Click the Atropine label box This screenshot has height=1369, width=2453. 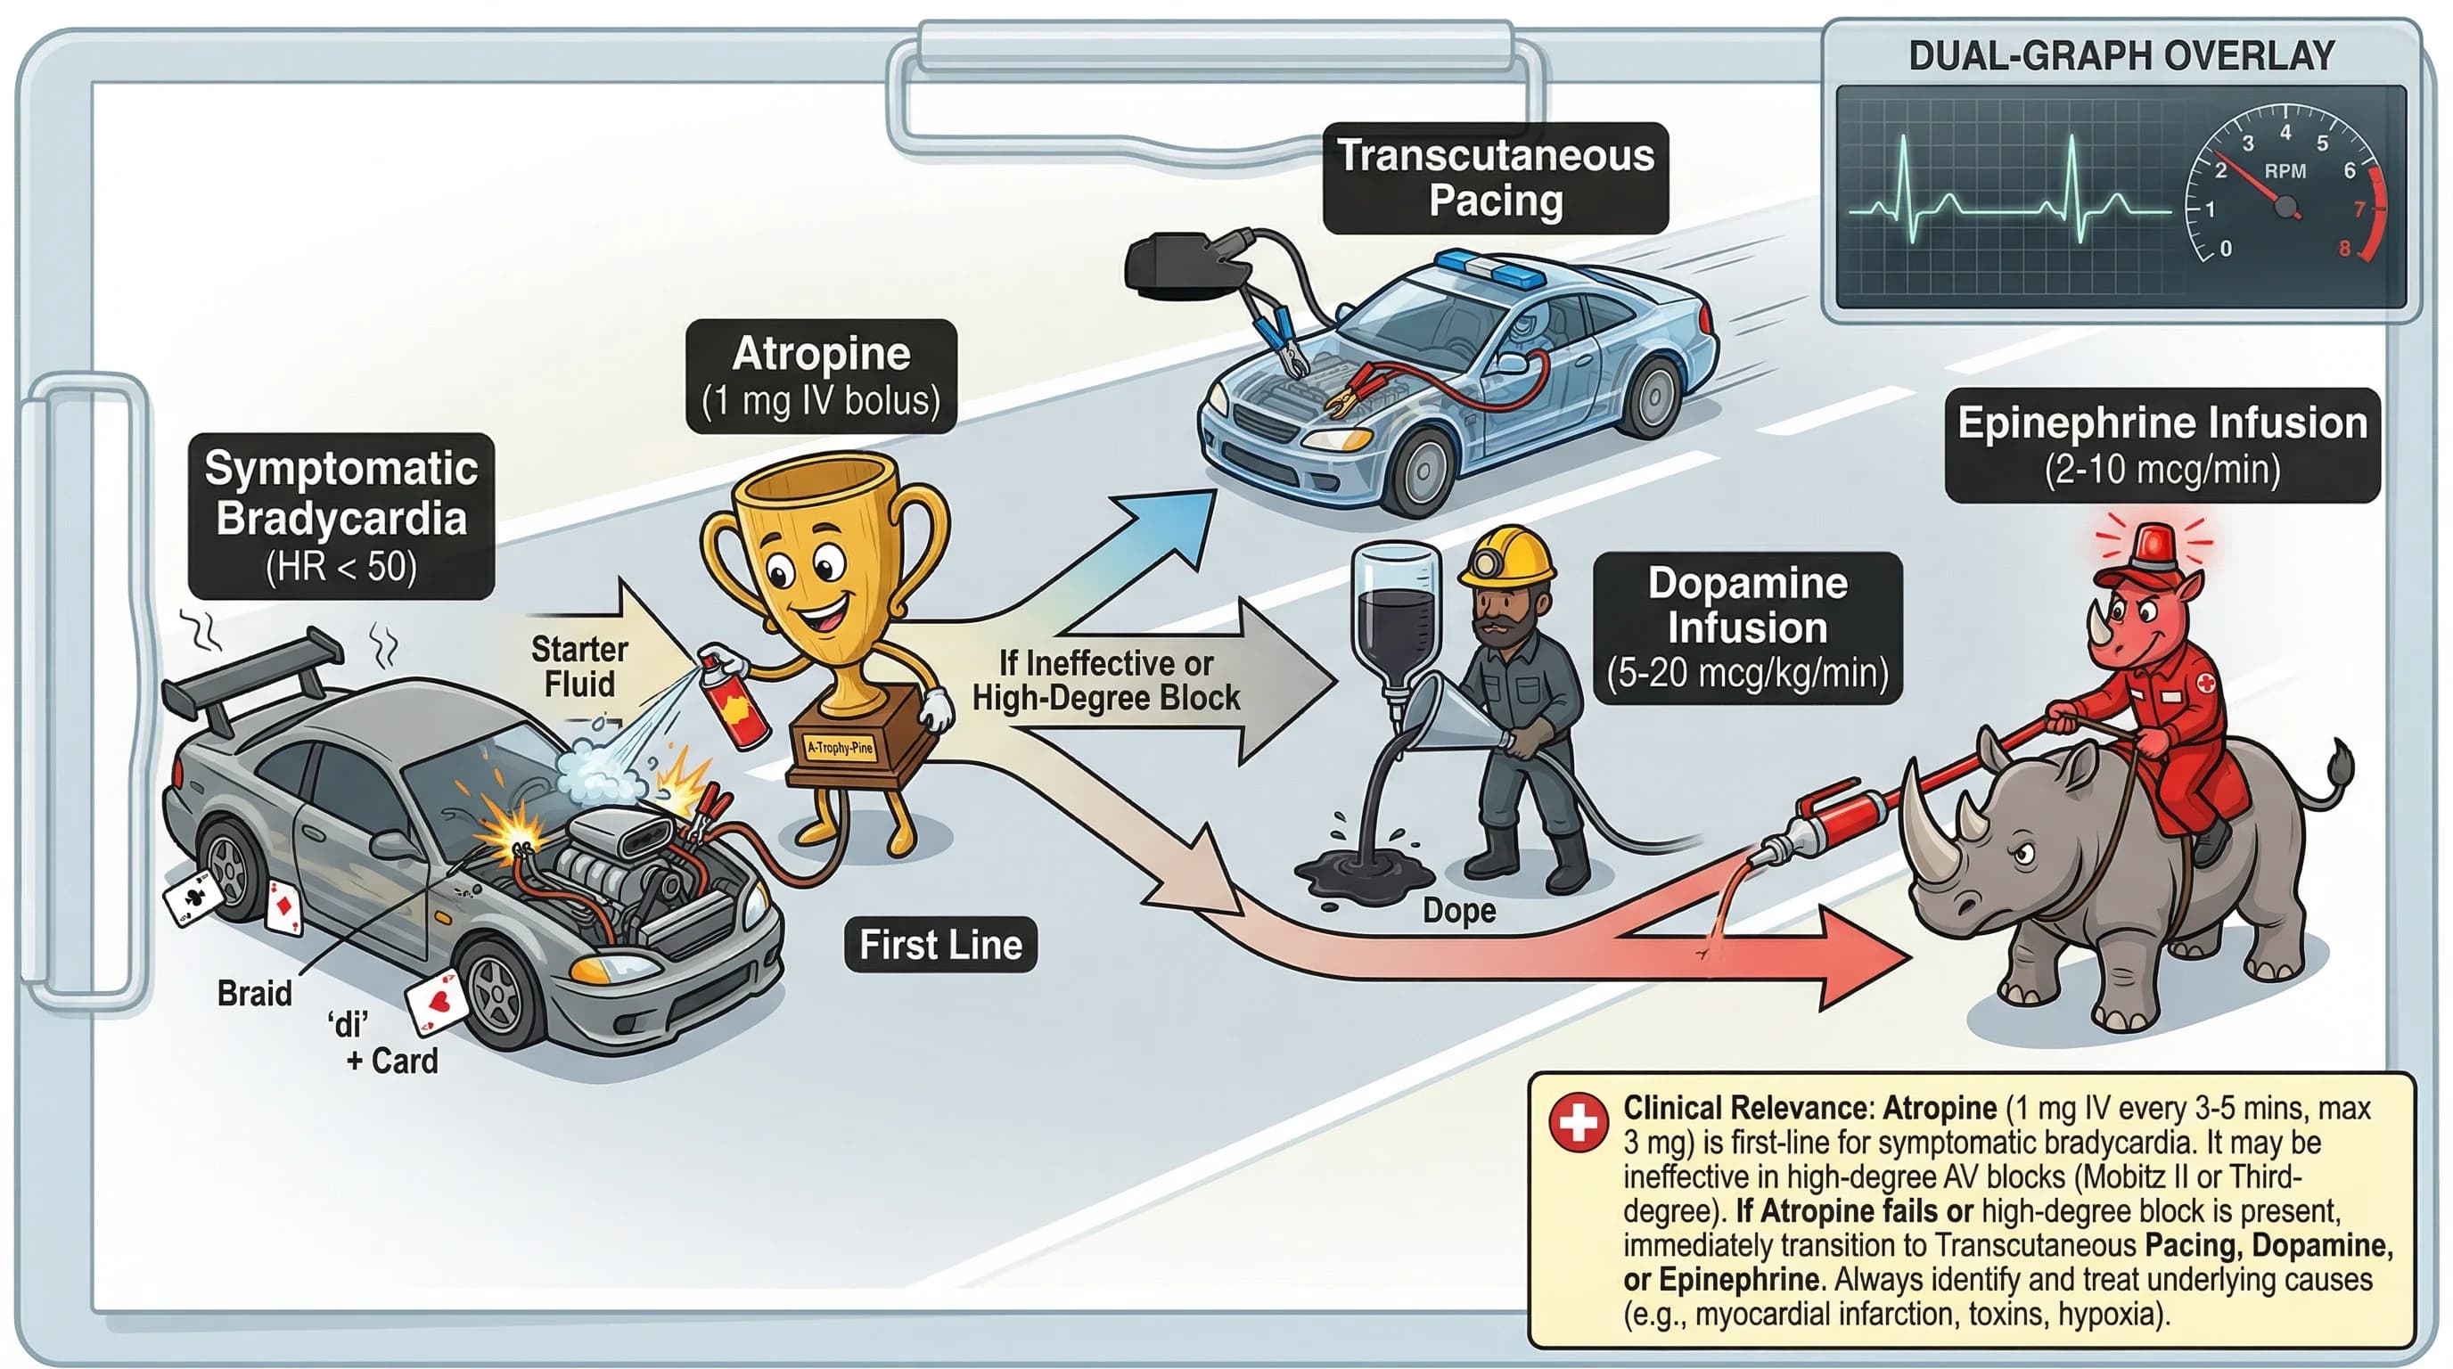(x=821, y=376)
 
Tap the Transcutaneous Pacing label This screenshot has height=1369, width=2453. (x=1495, y=178)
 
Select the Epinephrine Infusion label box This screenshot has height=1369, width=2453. (x=2162, y=445)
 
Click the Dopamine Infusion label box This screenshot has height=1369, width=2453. (x=1747, y=627)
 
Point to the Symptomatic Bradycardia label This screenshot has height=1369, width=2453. (x=340, y=516)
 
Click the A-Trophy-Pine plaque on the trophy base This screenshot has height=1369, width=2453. (x=839, y=747)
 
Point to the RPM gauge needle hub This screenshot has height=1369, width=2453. (x=2285, y=206)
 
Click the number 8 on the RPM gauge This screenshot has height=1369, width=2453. (x=2344, y=249)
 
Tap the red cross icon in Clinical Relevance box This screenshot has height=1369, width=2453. (x=1578, y=1121)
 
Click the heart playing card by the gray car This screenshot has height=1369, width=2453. (x=437, y=1002)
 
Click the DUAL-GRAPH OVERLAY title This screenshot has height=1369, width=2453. (x=2121, y=55)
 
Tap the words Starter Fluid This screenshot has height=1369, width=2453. (x=579, y=667)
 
